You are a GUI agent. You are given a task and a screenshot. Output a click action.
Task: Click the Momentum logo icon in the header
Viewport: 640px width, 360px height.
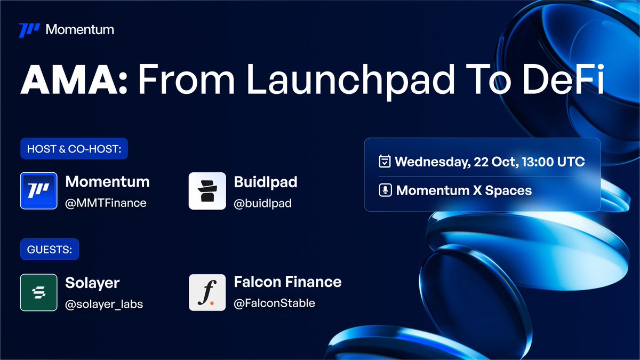(x=29, y=30)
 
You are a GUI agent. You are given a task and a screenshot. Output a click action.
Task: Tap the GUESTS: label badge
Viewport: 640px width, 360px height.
(x=49, y=249)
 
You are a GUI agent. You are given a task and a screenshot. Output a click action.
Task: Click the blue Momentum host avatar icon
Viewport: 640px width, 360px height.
(x=38, y=190)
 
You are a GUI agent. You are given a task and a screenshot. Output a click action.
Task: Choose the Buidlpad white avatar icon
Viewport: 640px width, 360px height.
(x=207, y=190)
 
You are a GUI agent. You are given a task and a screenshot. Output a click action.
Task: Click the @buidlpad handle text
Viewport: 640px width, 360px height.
(x=262, y=203)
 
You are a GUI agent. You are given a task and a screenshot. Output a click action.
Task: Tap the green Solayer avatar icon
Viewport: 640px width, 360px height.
(x=38, y=292)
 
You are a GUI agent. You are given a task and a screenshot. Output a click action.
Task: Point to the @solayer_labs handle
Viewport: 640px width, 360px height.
(x=104, y=304)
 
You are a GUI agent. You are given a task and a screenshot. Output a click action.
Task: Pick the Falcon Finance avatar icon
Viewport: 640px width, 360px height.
(x=207, y=292)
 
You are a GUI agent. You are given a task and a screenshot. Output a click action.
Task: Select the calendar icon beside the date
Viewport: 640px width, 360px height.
(x=385, y=162)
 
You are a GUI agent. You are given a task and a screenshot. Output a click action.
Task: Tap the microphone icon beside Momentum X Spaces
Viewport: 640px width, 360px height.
(x=385, y=190)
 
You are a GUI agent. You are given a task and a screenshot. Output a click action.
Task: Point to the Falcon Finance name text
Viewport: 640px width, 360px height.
(x=287, y=282)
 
